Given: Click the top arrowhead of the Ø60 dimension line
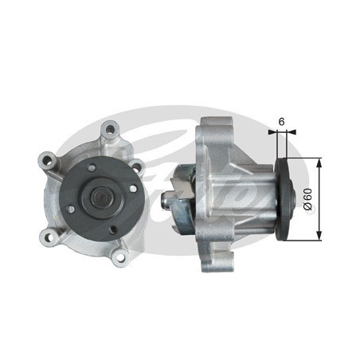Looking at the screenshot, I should (319, 161).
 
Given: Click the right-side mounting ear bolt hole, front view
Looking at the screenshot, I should (135, 167).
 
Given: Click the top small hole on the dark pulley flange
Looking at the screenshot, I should (92, 168).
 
